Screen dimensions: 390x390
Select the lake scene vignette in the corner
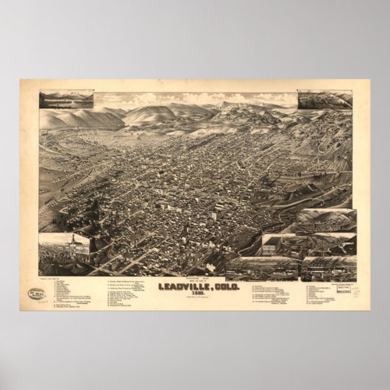pyautogui.click(x=67, y=99)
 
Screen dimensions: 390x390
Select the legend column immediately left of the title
pyautogui.click(x=132, y=291)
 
